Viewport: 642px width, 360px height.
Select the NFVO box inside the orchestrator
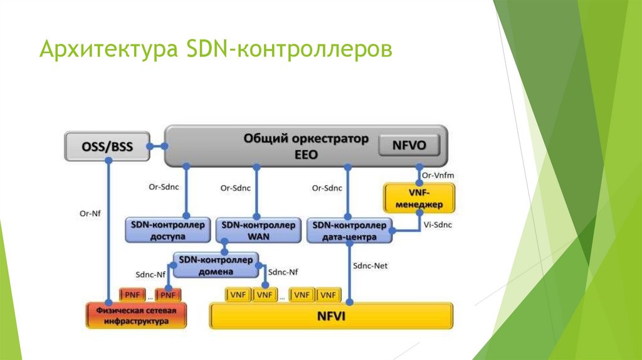pos(409,146)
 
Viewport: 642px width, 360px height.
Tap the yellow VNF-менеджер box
pos(419,198)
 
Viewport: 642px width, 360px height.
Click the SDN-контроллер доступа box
pos(167,230)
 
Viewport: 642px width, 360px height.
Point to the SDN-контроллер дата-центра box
pos(349,230)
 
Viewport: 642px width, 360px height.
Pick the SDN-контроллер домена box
pos(215,265)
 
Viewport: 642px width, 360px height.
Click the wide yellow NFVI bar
pos(330,316)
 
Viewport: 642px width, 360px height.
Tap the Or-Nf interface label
pos(90,213)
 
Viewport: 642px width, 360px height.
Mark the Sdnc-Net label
pos(371,266)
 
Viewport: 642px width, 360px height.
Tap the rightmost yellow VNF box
pos(329,294)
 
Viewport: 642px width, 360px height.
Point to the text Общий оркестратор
pos(306,139)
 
